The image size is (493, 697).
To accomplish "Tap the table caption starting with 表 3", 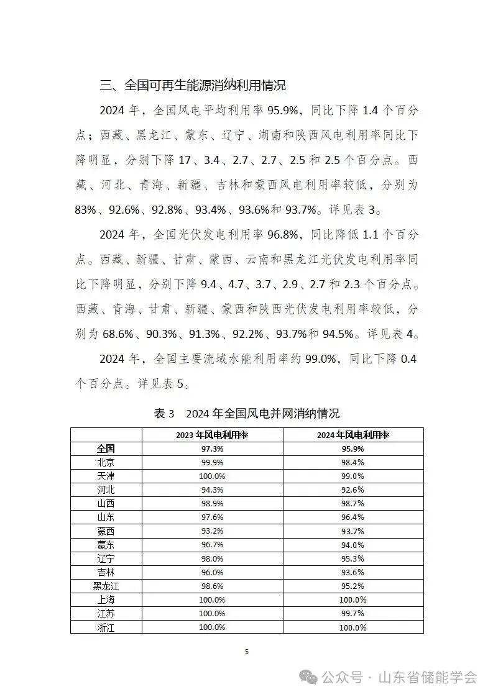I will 246,414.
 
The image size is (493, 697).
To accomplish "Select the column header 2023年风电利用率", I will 212,435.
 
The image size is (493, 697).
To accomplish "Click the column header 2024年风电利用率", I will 352,435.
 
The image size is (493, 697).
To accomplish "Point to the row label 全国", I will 106,449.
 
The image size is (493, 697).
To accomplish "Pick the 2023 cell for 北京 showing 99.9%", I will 212,462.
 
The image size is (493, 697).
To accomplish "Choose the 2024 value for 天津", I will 352,476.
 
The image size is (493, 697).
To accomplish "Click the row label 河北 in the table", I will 106,490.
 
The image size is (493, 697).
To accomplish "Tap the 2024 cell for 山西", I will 352,503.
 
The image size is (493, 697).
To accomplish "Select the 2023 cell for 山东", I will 212,517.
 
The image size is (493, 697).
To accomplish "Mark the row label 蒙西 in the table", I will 106,531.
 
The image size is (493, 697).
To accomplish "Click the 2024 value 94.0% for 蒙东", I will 352,545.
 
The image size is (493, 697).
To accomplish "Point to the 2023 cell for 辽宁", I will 212,558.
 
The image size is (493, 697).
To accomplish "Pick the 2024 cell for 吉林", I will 352,572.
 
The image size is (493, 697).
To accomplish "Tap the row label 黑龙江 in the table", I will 106,586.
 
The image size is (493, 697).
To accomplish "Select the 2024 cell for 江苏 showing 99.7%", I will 352,614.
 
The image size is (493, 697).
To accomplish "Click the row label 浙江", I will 106,627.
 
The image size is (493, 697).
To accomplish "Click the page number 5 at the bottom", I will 247,652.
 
